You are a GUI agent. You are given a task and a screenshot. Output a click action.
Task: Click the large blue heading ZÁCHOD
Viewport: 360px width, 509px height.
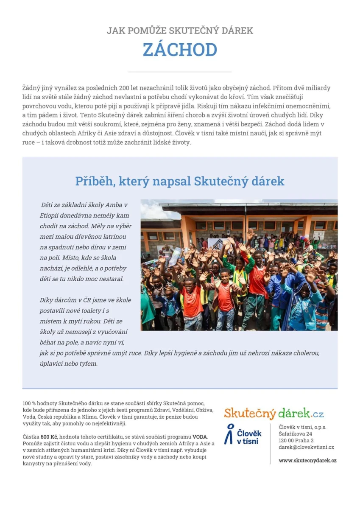pyautogui.click(x=180, y=50)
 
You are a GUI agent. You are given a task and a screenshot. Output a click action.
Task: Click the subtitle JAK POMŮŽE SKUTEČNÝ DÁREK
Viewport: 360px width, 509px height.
pyautogui.click(x=180, y=31)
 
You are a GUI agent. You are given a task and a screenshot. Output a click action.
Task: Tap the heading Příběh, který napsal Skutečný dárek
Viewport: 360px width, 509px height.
pyautogui.click(x=180, y=181)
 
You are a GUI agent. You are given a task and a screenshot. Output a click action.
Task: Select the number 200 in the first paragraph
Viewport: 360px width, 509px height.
pyautogui.click(x=124, y=88)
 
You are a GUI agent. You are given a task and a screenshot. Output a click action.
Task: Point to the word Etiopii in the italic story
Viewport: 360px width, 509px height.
pyautogui.click(x=48, y=215)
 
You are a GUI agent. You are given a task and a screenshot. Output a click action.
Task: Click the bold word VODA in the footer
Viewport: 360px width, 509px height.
pyautogui.click(x=200, y=437)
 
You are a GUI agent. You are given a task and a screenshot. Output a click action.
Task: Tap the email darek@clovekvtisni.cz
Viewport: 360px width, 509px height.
pyautogui.click(x=306, y=447)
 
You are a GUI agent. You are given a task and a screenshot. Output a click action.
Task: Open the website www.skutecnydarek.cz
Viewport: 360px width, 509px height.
pyautogui.click(x=307, y=461)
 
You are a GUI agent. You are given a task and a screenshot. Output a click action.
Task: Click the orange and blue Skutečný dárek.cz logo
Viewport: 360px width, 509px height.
pyautogui.click(x=273, y=413)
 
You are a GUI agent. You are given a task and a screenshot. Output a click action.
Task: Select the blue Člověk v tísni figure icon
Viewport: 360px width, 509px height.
pyautogui.click(x=229, y=434)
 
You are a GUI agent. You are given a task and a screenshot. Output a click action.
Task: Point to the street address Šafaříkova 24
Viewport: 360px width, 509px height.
pyautogui.click(x=296, y=434)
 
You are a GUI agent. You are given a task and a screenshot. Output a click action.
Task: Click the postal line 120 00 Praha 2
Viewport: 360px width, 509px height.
pyautogui.click(x=296, y=441)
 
